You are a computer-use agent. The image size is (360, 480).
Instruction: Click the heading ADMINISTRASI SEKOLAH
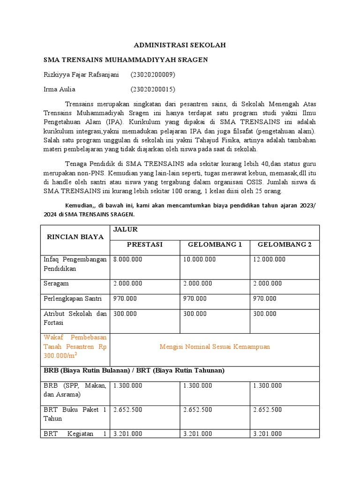180,45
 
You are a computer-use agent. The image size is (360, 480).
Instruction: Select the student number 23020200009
153,75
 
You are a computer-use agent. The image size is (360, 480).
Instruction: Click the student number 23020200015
153,89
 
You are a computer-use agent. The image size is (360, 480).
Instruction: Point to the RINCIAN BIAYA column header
75,237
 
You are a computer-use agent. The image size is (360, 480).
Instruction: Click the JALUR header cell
124,229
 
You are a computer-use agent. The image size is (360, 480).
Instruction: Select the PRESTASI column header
144,245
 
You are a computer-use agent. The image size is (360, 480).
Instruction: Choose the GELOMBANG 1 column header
215,245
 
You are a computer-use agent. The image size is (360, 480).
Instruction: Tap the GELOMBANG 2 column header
285,245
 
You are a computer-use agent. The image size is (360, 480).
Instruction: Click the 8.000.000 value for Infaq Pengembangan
128,259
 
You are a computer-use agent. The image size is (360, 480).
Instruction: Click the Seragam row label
56,283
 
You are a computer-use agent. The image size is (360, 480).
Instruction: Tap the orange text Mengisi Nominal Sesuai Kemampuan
215,346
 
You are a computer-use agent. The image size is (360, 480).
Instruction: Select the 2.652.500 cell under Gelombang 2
268,409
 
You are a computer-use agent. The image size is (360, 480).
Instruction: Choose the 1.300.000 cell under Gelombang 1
198,385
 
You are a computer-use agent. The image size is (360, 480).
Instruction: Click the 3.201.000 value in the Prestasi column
128,434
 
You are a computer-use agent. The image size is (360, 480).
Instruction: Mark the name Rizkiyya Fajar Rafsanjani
81,75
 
